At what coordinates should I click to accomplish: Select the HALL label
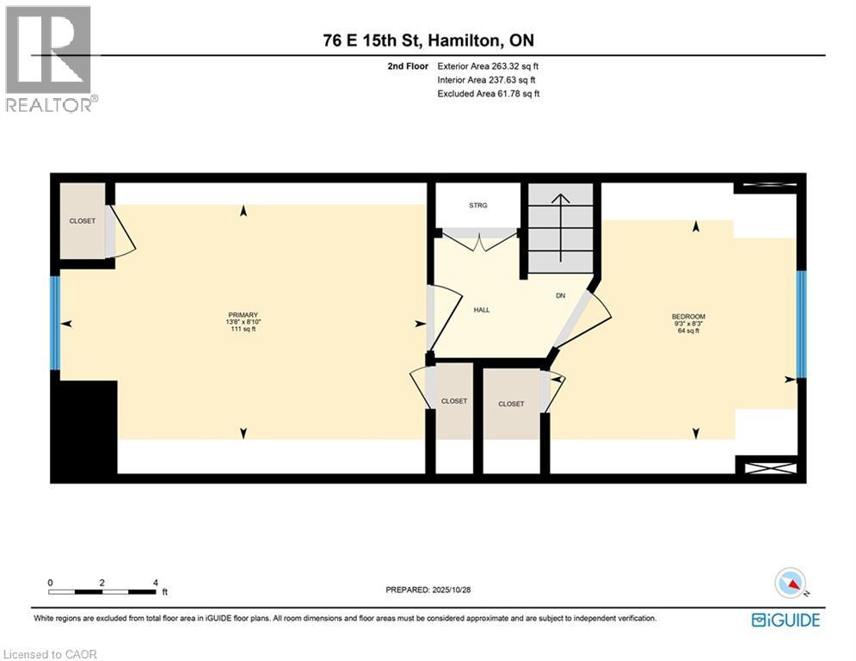pyautogui.click(x=481, y=310)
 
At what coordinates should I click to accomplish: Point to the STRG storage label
pyautogui.click(x=478, y=205)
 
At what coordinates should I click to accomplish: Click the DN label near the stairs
pyautogui.click(x=560, y=295)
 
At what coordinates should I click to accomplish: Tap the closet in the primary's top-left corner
pyautogui.click(x=83, y=221)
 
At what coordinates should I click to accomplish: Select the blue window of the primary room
pyautogui.click(x=55, y=323)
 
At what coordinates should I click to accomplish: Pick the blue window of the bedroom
pyautogui.click(x=801, y=324)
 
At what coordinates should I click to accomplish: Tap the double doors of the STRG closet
pyautogui.click(x=479, y=240)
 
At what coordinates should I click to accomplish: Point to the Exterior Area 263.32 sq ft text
pyautogui.click(x=488, y=65)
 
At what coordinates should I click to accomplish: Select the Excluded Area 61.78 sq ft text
pyautogui.click(x=488, y=94)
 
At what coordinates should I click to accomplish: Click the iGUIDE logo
pyautogui.click(x=785, y=620)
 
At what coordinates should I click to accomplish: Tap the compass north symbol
pyautogui.click(x=790, y=583)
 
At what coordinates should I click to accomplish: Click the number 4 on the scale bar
pyautogui.click(x=155, y=583)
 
